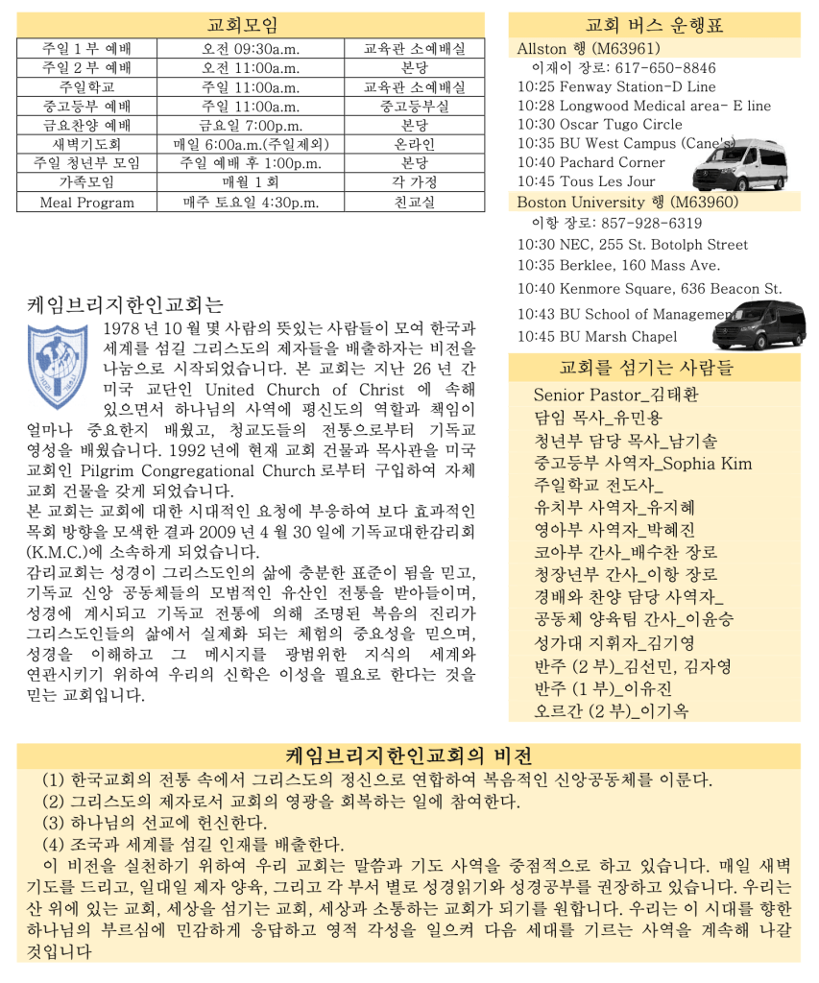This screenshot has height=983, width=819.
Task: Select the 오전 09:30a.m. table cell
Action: (251, 49)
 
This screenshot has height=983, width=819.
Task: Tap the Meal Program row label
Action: (86, 203)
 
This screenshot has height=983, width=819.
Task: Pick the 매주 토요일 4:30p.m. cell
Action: (251, 203)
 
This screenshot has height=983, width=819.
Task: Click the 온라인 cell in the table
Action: (414, 145)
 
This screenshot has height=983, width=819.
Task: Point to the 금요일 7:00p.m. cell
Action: (251, 126)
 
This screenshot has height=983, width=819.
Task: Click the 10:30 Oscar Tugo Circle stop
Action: (600, 125)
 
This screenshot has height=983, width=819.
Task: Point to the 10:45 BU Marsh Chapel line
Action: (597, 336)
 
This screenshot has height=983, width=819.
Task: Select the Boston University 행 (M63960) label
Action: (627, 202)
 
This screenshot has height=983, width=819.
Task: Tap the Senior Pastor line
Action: (616, 395)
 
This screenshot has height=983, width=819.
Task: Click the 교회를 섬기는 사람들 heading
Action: (655, 368)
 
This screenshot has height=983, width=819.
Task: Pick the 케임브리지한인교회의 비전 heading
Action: (410, 754)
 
